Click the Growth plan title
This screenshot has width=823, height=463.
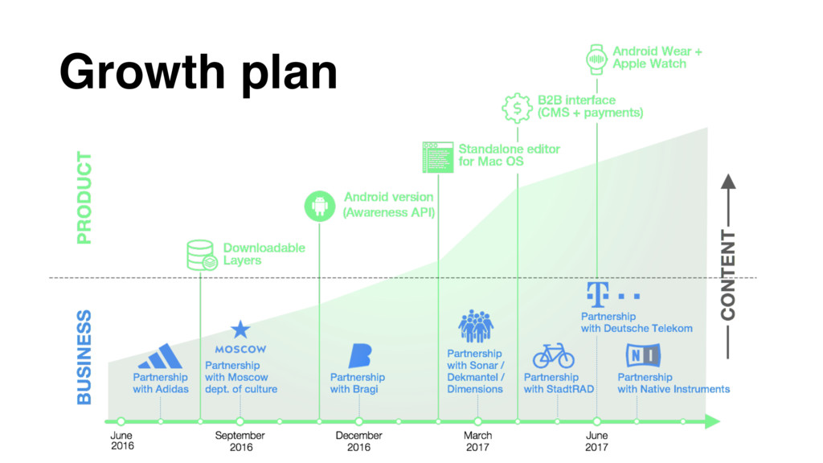[x=198, y=74]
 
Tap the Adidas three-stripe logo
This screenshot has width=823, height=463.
[x=161, y=355]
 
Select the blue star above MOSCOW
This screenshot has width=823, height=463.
[x=240, y=329]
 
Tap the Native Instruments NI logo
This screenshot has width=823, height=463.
[x=643, y=354]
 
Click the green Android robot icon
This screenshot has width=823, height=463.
[x=319, y=207]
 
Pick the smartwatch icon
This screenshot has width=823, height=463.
[x=596, y=59]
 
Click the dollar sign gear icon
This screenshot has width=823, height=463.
[x=517, y=107]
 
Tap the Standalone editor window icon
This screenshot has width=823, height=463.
[x=437, y=157]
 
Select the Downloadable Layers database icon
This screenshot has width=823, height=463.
[x=200, y=254]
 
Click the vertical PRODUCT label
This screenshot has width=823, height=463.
[x=84, y=197]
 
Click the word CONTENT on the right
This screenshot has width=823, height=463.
[x=728, y=275]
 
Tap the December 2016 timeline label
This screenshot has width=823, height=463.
[x=358, y=440]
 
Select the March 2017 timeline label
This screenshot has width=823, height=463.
[x=477, y=440]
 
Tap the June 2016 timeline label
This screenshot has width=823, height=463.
[x=121, y=440]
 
